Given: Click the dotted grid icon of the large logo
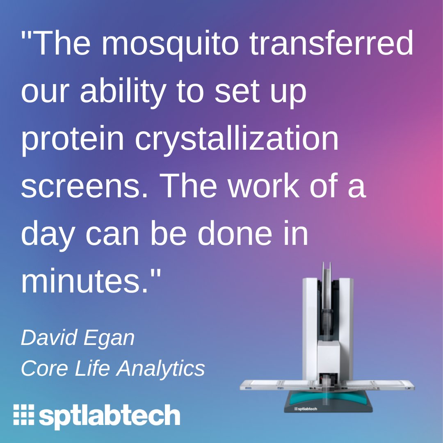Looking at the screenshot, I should pyautogui.click(x=23, y=415).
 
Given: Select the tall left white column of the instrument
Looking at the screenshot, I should pyautogui.click(x=309, y=328).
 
